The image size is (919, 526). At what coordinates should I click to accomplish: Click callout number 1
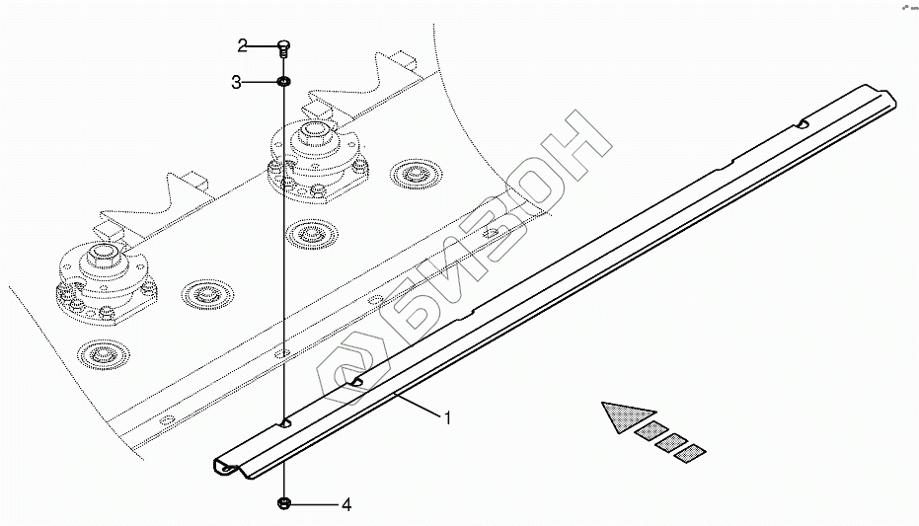click(x=447, y=418)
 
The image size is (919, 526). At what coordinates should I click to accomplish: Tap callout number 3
click(x=237, y=83)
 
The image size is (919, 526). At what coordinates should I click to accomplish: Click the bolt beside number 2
click(x=283, y=45)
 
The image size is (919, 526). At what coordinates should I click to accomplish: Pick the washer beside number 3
click(x=283, y=82)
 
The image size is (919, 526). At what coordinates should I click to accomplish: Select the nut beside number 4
click(x=284, y=504)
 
